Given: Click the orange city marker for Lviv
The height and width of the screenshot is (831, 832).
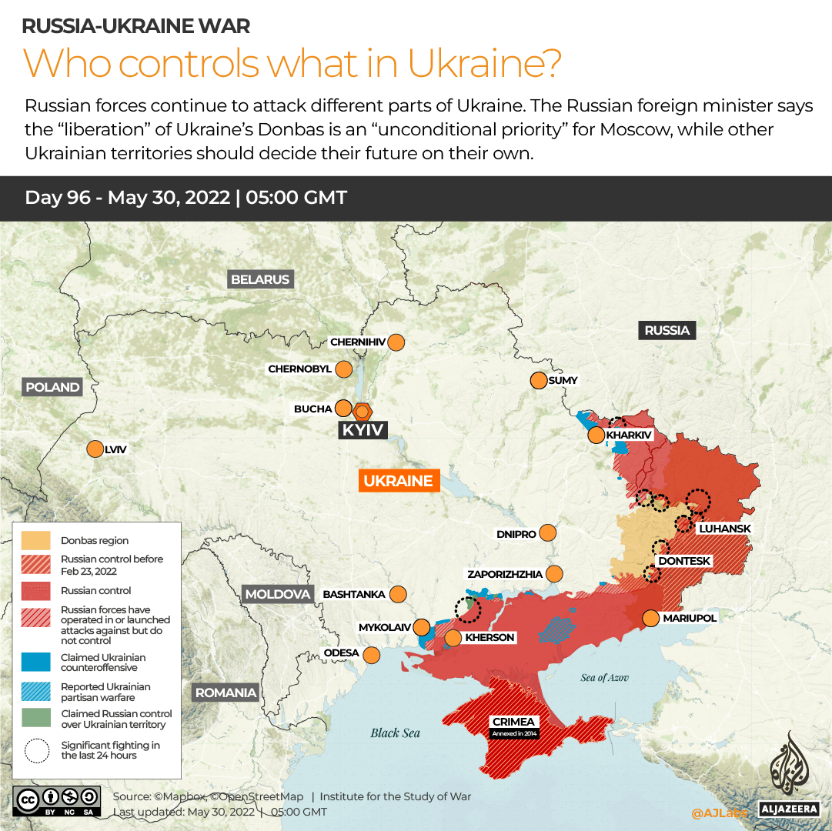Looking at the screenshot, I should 95,449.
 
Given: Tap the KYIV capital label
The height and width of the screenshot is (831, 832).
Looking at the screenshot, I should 363,429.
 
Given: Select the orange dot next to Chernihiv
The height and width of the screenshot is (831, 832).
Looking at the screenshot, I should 396,342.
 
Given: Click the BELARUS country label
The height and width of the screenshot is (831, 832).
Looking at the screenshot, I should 260,279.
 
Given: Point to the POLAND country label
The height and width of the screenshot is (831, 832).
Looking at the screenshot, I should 52,387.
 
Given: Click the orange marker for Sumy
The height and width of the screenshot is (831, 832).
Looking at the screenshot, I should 538,380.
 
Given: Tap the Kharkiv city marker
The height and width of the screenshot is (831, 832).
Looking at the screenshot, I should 596,436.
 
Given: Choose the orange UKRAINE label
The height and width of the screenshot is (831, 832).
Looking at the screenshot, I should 399,481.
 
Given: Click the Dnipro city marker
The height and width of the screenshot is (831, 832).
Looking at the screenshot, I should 548,532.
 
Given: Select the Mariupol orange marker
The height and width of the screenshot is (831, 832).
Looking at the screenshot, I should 650,618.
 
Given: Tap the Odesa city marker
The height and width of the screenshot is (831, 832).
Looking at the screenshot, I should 372,655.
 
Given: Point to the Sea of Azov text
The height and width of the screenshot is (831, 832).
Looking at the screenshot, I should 604,677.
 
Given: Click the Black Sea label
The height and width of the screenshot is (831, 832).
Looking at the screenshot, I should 395,733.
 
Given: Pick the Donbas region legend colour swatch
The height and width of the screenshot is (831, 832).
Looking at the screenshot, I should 36,540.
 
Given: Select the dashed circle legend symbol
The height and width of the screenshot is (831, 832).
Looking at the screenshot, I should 36,750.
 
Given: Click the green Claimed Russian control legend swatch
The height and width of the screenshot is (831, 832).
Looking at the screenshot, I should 36,719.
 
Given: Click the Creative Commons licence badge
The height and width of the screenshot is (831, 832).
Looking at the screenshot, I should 57,800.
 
